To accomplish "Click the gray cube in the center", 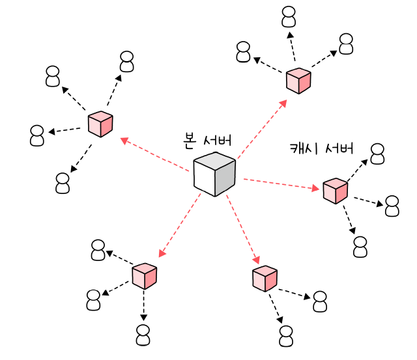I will click(x=214, y=174).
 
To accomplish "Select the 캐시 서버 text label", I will click(x=321, y=148).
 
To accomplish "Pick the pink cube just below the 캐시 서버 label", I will click(x=336, y=190).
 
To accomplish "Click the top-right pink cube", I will click(x=298, y=81).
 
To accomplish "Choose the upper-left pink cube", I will click(x=100, y=124).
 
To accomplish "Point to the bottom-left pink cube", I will click(x=145, y=276).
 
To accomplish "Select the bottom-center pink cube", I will click(x=265, y=278).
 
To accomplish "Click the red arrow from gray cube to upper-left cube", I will click(x=155, y=153).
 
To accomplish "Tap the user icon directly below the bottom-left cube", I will click(x=143, y=335).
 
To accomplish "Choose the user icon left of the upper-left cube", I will click(x=38, y=135).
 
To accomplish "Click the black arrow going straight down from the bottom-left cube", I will click(x=144, y=305).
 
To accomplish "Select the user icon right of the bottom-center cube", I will click(x=319, y=302).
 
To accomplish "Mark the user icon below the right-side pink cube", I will click(x=360, y=247).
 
